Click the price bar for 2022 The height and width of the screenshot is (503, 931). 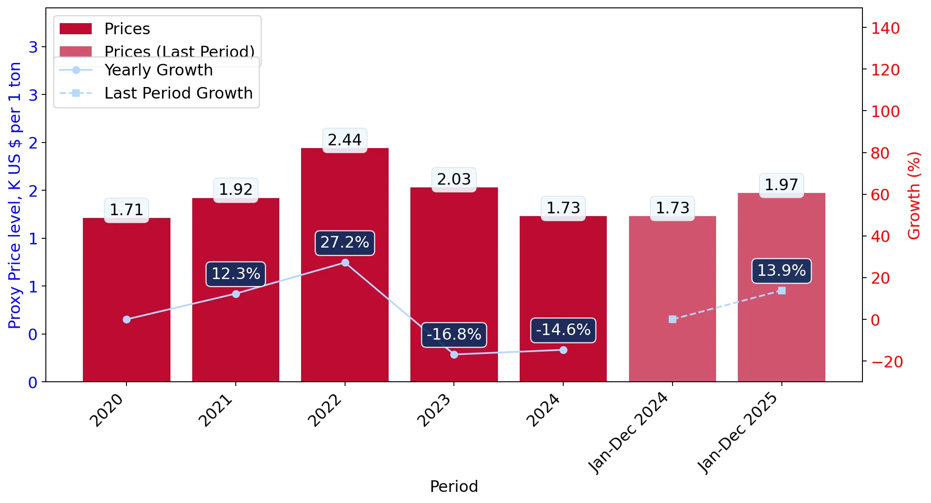pyautogui.click(x=345, y=265)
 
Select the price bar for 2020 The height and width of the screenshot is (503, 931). pyautogui.click(x=126, y=300)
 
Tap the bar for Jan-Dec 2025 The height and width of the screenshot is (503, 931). pyautogui.click(x=781, y=287)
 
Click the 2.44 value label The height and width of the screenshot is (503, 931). pyautogui.click(x=345, y=140)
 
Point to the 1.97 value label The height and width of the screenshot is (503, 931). pyautogui.click(x=781, y=185)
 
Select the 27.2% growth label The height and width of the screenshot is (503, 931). pyautogui.click(x=345, y=242)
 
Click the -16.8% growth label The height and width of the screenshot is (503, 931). pyautogui.click(x=454, y=334)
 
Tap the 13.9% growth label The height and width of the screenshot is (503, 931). pyautogui.click(x=781, y=270)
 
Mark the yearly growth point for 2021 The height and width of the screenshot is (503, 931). pyautogui.click(x=236, y=294)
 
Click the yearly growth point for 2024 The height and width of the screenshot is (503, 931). pyautogui.click(x=563, y=350)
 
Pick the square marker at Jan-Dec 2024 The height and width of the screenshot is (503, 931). pyautogui.click(x=673, y=319)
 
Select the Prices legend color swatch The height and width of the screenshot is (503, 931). pyautogui.click(x=75, y=29)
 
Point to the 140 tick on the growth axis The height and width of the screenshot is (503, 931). pyautogui.click(x=885, y=28)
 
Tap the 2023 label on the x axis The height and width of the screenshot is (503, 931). pyautogui.click(x=434, y=410)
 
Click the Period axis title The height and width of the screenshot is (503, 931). pyautogui.click(x=454, y=486)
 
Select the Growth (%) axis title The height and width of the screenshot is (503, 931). pyautogui.click(x=913, y=195)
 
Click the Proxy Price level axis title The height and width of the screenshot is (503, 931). pyautogui.click(x=14, y=195)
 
